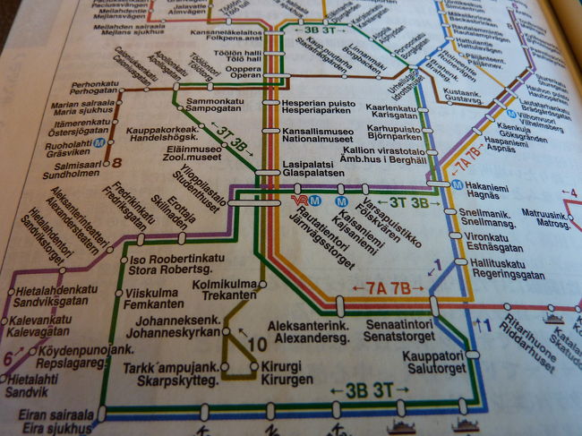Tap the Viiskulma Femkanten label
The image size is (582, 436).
153,297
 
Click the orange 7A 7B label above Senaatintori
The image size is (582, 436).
389,288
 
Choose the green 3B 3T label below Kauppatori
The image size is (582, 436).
359,391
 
